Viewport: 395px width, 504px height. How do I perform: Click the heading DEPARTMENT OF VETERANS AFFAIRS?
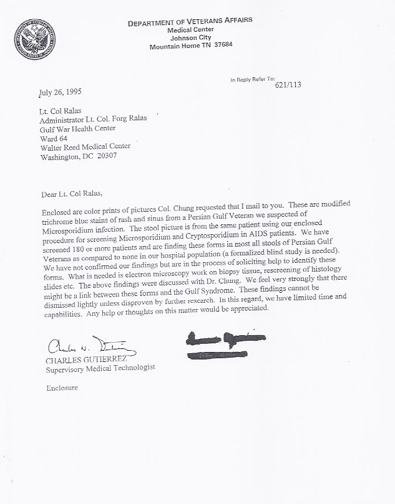tap(190, 23)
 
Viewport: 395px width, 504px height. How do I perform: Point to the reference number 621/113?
tap(288, 85)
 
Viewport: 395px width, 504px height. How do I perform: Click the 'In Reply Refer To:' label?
tap(252, 80)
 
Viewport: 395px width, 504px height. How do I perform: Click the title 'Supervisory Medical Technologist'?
tap(100, 368)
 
